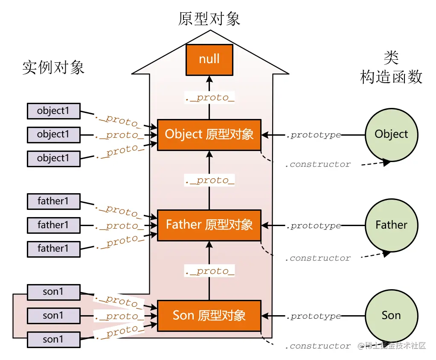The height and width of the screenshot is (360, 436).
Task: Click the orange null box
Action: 209,59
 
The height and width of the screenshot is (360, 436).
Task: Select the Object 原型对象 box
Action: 209,135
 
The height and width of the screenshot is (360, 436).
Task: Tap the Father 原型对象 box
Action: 209,225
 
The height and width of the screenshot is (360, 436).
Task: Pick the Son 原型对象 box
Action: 209,316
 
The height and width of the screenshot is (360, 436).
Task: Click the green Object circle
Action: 391,135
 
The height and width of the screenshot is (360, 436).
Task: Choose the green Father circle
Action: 391,225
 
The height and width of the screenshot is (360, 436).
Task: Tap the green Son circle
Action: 391,316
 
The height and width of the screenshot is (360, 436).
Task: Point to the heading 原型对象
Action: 209,19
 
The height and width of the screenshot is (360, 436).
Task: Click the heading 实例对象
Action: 53,68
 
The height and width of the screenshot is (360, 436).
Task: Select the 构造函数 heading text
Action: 391,77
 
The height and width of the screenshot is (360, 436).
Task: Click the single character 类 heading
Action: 391,57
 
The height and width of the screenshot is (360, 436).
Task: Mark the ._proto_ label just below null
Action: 209,98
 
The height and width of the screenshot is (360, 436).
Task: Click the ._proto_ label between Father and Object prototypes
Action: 209,180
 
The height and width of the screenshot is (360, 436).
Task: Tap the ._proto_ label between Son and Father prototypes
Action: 209,271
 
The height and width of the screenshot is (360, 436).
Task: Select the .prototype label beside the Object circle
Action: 313,135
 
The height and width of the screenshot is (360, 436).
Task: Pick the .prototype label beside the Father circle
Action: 313,226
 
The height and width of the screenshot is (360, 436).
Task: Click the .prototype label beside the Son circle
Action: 313,316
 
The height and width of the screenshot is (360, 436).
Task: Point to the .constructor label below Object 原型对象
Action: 317,164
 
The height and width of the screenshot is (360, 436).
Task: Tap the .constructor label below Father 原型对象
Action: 317,258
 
